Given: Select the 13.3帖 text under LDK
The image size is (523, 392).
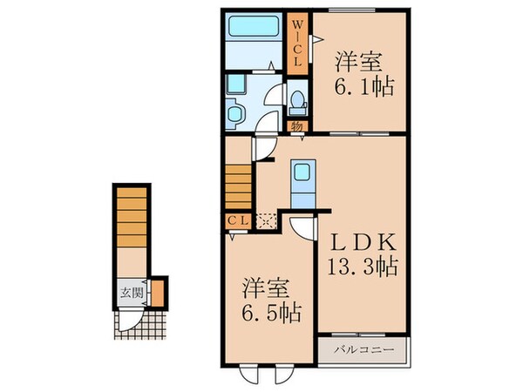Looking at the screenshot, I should (x=363, y=266).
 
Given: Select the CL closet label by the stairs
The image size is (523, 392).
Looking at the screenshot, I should (x=237, y=220).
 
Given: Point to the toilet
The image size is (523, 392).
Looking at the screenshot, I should (x=298, y=102).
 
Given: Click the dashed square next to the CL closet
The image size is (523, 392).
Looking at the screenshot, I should (x=265, y=220).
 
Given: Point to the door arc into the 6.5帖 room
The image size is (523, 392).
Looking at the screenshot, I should (x=301, y=228).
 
